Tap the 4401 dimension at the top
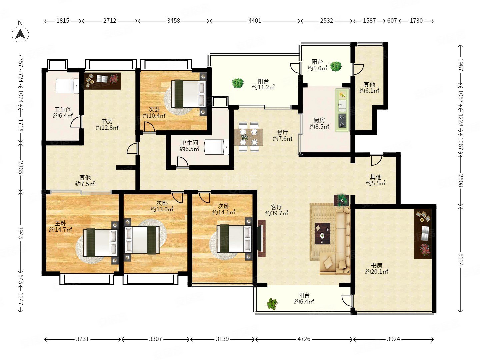coord(255,21)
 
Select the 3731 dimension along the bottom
coord(82,339)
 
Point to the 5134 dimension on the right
coord(460,259)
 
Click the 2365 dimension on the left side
coord(21,167)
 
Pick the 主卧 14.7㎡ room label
coord(60,226)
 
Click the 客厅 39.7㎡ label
coord(277,210)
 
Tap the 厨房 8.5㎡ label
coord(319,123)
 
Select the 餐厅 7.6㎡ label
coord(282,135)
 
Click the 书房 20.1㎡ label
coord(377,268)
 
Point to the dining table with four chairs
coord(248,137)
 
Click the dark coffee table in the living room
coord(323,233)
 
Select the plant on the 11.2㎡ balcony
coord(238,83)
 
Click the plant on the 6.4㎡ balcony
coord(272,304)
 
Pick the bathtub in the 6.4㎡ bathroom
coord(67,86)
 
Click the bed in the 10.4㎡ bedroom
coord(188,94)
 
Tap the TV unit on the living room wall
coord(261,238)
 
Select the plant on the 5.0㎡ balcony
coord(336,66)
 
